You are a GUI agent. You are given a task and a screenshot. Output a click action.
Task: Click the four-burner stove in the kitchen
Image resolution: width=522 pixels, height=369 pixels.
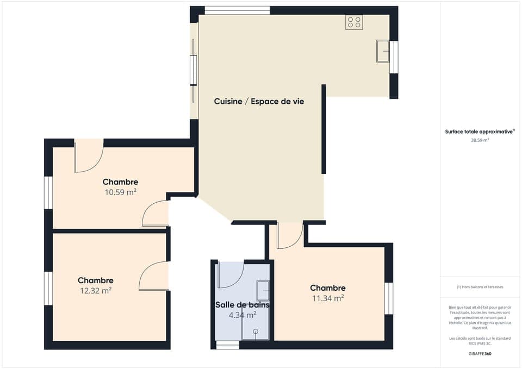pos(354,22)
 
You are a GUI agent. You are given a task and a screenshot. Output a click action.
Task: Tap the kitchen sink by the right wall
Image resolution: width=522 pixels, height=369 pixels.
pos(383,51)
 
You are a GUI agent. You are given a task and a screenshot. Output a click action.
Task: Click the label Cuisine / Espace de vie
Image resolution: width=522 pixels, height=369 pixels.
pos(259,102)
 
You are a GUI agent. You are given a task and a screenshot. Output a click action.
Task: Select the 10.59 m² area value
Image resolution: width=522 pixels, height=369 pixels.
pos(120,192)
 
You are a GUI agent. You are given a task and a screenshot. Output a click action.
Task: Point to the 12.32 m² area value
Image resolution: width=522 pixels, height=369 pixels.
pos(95,290)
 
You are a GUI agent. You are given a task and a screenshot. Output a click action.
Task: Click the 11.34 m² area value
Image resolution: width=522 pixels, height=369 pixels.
pos(327,298)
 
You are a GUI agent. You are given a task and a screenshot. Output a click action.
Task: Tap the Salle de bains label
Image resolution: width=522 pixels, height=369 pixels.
pos(242,305)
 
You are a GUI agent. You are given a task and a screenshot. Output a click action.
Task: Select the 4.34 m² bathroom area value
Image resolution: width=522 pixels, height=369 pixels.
pos(242,315)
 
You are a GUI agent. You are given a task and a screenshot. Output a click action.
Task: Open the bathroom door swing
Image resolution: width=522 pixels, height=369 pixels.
pos(229,275)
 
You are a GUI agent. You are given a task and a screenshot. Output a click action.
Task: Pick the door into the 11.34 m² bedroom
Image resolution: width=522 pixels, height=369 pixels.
pos(289,235)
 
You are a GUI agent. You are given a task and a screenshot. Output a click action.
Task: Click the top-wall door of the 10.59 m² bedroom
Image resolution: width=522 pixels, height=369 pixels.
pos(89,156)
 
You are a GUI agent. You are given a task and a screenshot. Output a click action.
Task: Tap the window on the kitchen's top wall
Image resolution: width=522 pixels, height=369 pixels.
pos(237,10)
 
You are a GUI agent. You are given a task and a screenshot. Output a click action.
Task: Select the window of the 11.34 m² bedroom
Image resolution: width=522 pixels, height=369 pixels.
pos(389,298)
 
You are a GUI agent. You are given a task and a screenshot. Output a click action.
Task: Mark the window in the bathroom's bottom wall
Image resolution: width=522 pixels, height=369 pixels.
pos(227,345)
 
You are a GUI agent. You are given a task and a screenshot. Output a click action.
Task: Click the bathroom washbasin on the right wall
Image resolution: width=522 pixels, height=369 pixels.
pos(263,290)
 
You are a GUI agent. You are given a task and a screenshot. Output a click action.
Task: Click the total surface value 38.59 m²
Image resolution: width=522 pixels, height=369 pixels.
pos(480,140)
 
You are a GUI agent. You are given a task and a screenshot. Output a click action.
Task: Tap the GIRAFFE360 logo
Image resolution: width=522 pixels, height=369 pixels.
pos(480,353)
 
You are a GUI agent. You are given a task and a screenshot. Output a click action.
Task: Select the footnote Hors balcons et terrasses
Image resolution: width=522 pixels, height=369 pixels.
pos(480,287)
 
